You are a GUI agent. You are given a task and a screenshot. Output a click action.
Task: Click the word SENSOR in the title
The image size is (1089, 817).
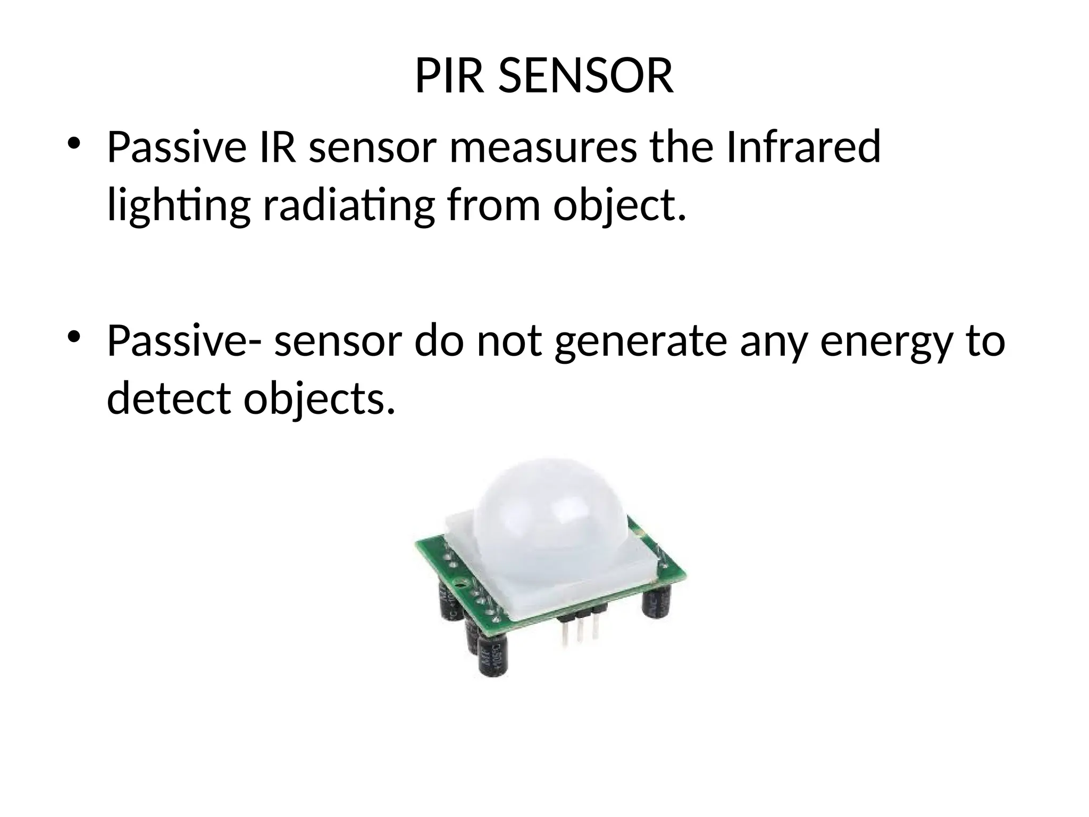tap(586, 77)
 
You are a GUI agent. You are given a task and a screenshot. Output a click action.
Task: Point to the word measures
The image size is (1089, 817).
tap(542, 147)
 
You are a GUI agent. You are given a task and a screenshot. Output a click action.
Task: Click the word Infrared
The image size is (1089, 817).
tap(803, 147)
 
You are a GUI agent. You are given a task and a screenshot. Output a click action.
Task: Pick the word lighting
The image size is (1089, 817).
tap(179, 206)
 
